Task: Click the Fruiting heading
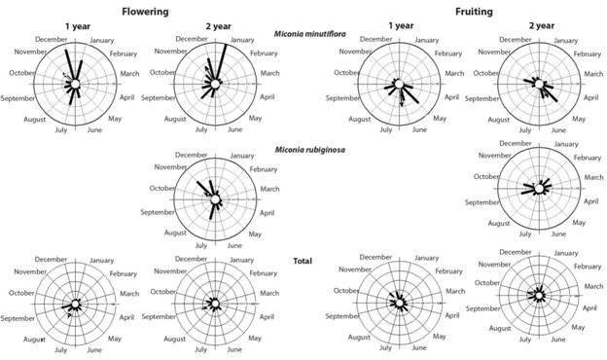(466, 12)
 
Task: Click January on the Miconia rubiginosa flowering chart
(242, 156)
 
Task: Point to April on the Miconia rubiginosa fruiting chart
(589, 201)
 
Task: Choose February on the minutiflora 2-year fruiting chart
(586, 54)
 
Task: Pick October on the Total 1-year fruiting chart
(346, 291)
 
